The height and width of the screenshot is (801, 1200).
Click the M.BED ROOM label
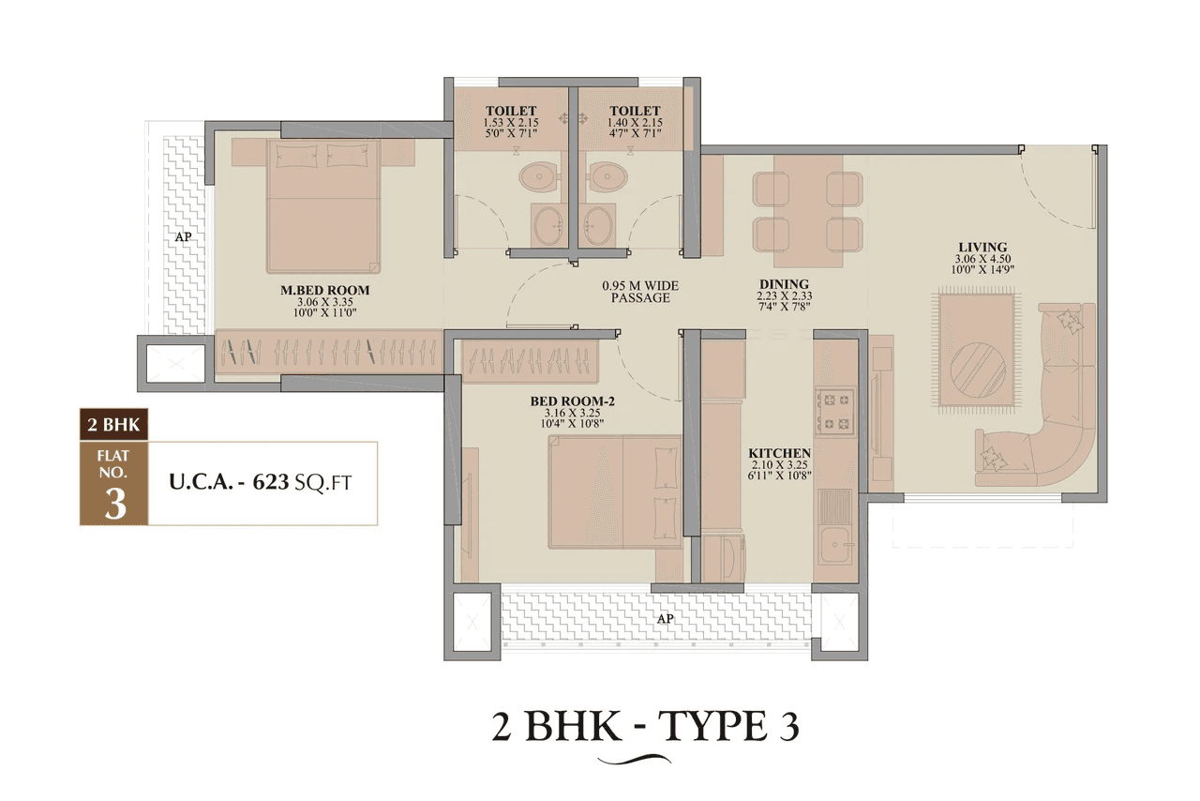pyautogui.click(x=325, y=291)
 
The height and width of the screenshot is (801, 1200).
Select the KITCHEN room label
pyautogui.click(x=780, y=452)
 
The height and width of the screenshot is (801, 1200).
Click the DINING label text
pyautogui.click(x=784, y=284)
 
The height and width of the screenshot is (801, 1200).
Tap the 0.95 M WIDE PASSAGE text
pyautogui.click(x=640, y=292)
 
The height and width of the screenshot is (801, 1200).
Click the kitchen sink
pyautogui.click(x=832, y=544)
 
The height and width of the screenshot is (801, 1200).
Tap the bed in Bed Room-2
pyautogui.click(x=615, y=491)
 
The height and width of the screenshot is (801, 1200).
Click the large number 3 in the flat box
pyautogui.click(x=114, y=504)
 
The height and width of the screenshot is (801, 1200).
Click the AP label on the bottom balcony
pyautogui.click(x=664, y=619)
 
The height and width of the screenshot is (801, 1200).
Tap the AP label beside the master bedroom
pyautogui.click(x=183, y=237)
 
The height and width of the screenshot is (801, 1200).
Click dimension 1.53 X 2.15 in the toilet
pyautogui.click(x=511, y=123)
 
